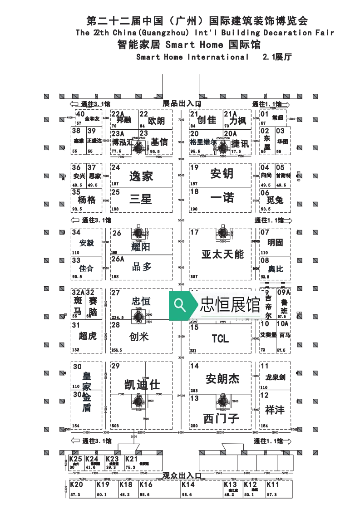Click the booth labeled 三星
(x=140, y=199)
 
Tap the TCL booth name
(x=220, y=338)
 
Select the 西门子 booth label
(x=221, y=418)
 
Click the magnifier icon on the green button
(x=180, y=305)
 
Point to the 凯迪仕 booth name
(x=142, y=385)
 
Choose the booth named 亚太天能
(x=222, y=254)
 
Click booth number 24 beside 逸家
(x=116, y=167)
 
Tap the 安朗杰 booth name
(x=222, y=378)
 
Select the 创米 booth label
(x=139, y=337)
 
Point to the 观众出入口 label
(x=182, y=475)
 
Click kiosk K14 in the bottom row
(x=188, y=485)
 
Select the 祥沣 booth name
(x=275, y=409)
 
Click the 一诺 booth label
(x=222, y=197)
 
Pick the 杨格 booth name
(x=87, y=200)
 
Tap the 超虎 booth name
(x=88, y=336)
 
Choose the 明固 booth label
(x=275, y=242)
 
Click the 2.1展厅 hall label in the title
(x=276, y=57)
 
